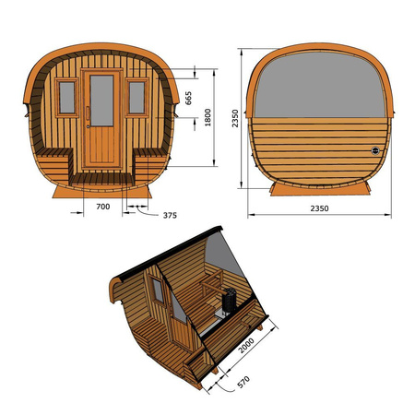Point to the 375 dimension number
tap(168, 216)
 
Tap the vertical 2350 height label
tap(236, 119)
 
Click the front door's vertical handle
tap(89, 112)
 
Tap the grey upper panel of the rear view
tap(319, 88)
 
